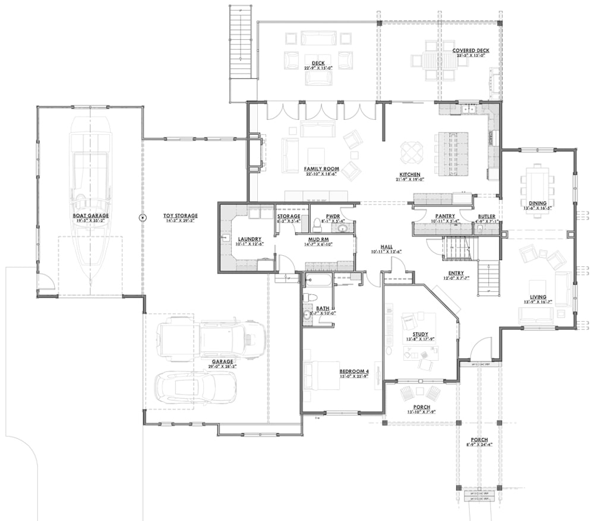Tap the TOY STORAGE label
point(181,216)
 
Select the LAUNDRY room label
point(250,239)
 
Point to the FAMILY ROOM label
point(321,169)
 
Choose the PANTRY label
point(444,217)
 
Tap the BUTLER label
point(486,217)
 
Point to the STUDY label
point(412,334)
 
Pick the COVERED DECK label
point(470,51)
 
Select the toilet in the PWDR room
point(315,224)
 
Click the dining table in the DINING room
point(538,184)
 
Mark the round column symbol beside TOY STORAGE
point(143,218)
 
